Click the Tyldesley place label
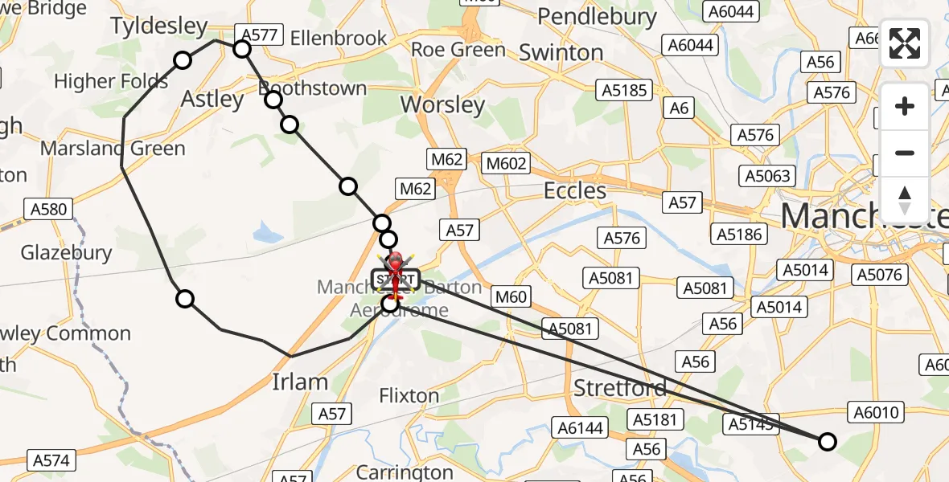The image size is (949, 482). (x=159, y=26)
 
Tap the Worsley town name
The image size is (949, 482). (x=442, y=104)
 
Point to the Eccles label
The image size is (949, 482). (x=575, y=190)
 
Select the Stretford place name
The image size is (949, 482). (x=620, y=389)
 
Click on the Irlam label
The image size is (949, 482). (x=300, y=382)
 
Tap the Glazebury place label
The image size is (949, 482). (x=66, y=253)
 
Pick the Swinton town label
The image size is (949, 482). (x=561, y=53)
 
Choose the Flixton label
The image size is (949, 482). (x=409, y=396)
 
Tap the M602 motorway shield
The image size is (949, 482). (x=507, y=164)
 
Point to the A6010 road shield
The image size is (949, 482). (x=876, y=413)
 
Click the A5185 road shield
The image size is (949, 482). (x=624, y=90)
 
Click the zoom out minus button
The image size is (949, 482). (x=905, y=153)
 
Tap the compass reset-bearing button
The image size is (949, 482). (x=905, y=199)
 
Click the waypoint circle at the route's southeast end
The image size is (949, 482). (x=827, y=441)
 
